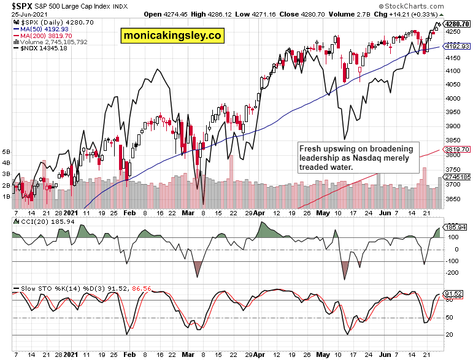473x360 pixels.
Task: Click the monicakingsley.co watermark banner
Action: (172, 36)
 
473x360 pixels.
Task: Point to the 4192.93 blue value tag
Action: (456, 46)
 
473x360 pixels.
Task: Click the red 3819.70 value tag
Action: (456, 149)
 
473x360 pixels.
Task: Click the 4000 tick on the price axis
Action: (453, 98)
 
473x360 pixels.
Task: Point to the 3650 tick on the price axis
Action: (453, 199)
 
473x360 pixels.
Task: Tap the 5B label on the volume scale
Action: (7, 151)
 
